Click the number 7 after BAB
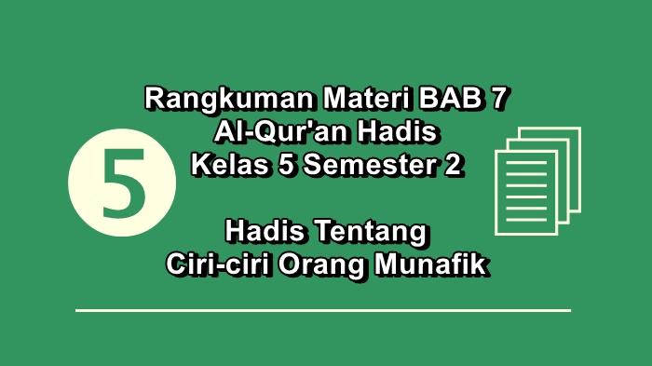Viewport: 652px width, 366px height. click(503, 98)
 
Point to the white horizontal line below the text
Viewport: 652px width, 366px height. click(322, 310)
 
